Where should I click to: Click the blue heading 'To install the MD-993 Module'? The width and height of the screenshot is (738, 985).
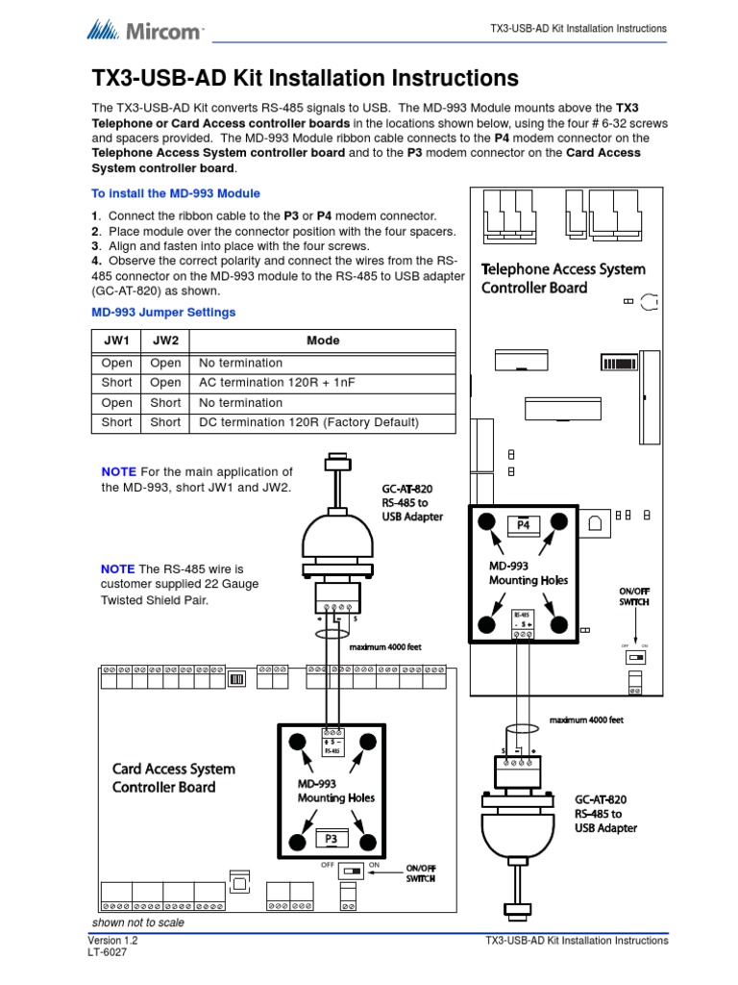175,193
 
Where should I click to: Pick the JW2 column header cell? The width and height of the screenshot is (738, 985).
165,341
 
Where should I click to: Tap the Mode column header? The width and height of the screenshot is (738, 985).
322,341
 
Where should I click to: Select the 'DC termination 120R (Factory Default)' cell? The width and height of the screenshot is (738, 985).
308,422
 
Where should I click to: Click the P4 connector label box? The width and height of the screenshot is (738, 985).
523,525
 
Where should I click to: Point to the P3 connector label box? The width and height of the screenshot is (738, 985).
332,839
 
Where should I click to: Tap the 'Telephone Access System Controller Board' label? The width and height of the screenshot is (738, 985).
562,278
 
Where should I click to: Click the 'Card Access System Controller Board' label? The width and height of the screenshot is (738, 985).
173,778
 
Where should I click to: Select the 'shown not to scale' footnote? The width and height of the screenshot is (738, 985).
137,922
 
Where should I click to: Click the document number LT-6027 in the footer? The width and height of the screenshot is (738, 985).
107,952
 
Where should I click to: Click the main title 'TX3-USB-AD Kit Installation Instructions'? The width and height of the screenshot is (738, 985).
305,78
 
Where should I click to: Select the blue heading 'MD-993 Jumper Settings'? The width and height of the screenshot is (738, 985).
163,313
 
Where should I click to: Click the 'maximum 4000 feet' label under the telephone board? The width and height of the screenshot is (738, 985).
586,720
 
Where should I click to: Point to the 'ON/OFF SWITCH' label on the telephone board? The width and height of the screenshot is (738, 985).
634,595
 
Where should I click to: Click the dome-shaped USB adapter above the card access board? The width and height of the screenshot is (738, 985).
331,539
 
